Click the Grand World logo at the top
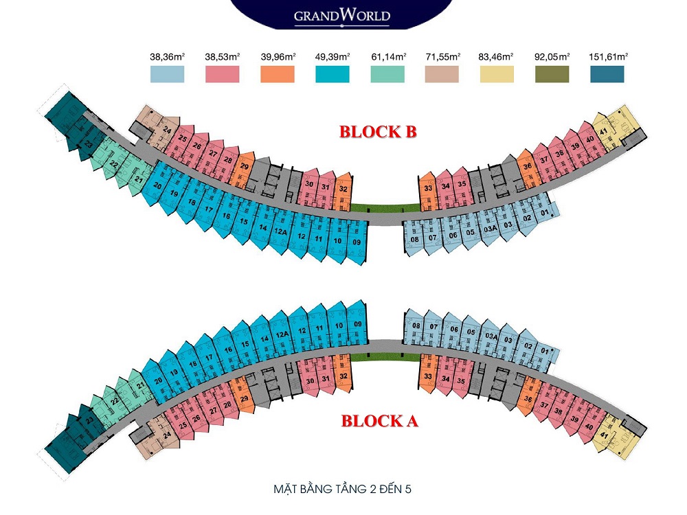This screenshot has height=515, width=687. pos(341,15)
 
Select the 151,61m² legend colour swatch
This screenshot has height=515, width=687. pos(607,74)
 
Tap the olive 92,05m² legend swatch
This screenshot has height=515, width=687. pos(552,74)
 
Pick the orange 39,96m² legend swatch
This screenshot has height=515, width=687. pos(278,74)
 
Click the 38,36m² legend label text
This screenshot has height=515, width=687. pos(167,57)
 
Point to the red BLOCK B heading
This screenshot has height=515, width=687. pos(378,133)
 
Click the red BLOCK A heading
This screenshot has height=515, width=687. pos(379,421)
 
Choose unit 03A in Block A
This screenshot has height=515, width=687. pos(491,336)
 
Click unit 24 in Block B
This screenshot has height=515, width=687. pos(166,128)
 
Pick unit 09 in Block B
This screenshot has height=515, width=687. pos(356,242)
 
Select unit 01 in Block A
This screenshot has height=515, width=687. pos(545,351)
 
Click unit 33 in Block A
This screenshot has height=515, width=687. pos(427,376)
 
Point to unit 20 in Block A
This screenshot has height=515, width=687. pos(158,380)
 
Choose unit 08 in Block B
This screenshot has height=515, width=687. pos(415,239)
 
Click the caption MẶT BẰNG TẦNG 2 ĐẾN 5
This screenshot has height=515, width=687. pos(342,490)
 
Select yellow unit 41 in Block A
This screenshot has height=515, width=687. pos(604,434)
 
